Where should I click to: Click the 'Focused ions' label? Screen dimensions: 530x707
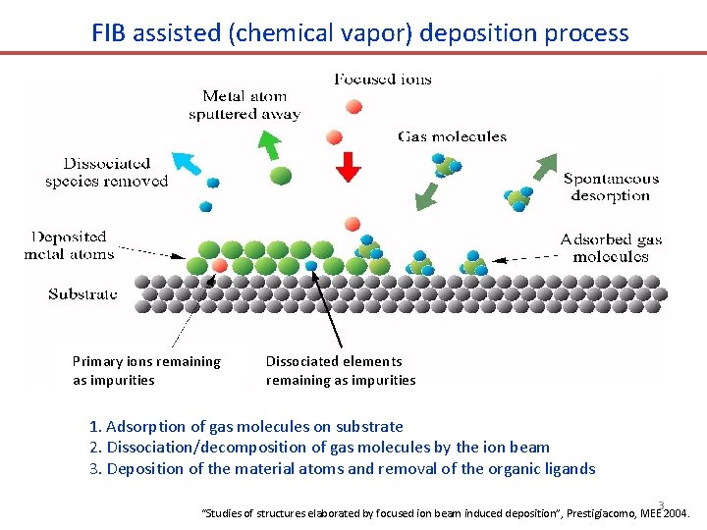point(382,79)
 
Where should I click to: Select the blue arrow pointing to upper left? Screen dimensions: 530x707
point(184,163)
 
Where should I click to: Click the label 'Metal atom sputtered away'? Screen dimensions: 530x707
point(245,105)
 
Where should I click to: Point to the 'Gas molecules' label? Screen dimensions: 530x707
point(452,136)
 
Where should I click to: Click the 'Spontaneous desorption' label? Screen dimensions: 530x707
point(610,187)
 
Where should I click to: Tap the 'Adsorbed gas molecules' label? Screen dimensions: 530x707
point(611,248)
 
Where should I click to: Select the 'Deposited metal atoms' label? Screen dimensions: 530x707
point(69,245)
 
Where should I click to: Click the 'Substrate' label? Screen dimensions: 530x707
point(82,293)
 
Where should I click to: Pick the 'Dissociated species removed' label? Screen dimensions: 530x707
point(106,172)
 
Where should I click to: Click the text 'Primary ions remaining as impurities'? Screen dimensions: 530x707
point(146,371)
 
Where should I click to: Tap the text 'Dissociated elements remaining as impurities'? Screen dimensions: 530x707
point(340,371)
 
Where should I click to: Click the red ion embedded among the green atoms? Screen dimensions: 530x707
point(220,266)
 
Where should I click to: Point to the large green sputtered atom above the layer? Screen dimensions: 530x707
point(280,176)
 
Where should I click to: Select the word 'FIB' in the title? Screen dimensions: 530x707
point(111,32)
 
